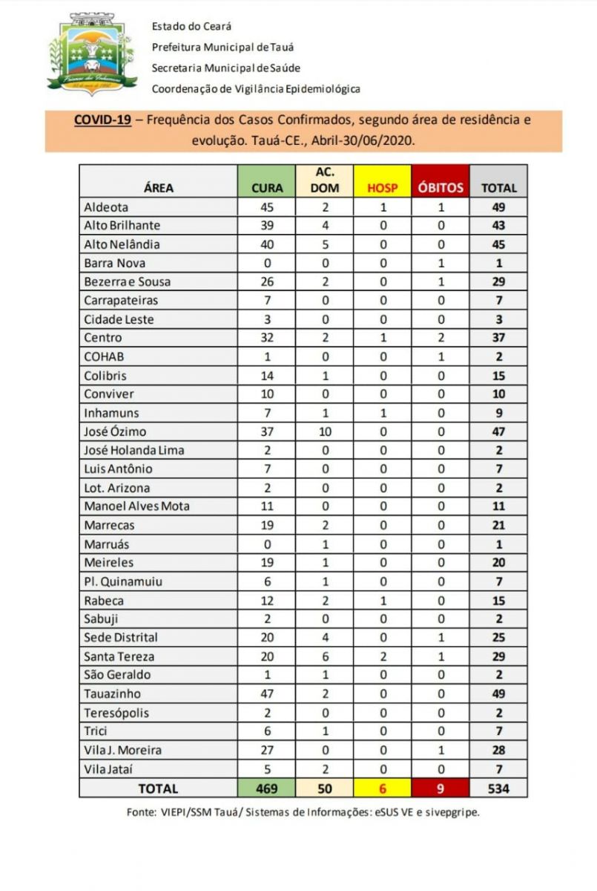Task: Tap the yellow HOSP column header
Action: [x=382, y=188]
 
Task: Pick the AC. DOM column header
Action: [x=324, y=180]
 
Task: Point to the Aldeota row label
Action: [x=106, y=207]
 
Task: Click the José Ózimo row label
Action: [x=115, y=431]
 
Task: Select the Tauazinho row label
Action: [x=112, y=693]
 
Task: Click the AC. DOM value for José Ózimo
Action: [x=324, y=431]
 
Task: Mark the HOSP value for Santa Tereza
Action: [x=382, y=656]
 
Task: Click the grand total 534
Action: [x=498, y=788]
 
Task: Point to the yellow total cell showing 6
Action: [x=382, y=788]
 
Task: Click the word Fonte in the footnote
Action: [x=141, y=812]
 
